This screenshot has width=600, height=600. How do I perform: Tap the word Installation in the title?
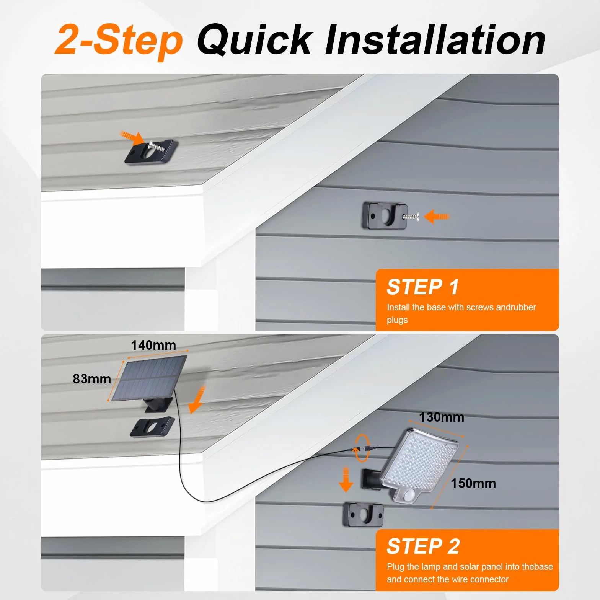click(x=435, y=40)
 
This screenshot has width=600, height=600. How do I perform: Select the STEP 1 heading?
click(x=423, y=287)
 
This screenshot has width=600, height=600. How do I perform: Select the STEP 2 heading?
click(x=423, y=546)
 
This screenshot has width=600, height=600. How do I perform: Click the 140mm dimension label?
click(x=153, y=345)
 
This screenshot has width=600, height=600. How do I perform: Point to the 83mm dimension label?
click(x=92, y=378)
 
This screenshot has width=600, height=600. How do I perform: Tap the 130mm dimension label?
click(x=442, y=417)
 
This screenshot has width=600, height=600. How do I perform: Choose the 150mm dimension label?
click(x=473, y=483)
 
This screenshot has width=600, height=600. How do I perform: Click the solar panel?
click(x=149, y=379)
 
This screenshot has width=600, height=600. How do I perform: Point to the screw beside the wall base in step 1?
click(x=410, y=217)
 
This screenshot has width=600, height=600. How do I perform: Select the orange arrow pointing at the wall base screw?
click(x=437, y=217)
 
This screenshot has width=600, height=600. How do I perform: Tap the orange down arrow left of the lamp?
click(x=346, y=479)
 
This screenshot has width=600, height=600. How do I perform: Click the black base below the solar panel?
click(x=152, y=427)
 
